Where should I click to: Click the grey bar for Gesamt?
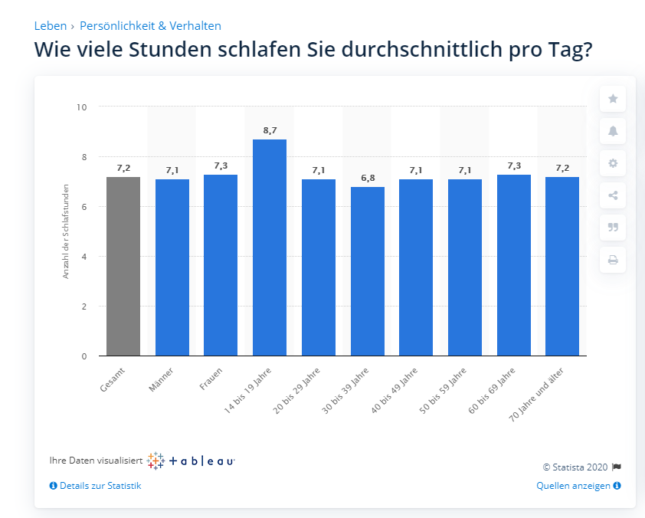point(123,266)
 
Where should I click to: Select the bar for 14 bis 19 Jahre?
point(270,248)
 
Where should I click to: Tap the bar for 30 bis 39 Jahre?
point(368,271)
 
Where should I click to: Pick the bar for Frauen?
point(221,265)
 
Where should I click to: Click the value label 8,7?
point(270,131)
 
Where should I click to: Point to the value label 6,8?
point(368,179)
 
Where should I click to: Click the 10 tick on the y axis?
point(81,107)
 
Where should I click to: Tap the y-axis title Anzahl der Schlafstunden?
point(66,231)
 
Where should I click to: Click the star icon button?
point(613,99)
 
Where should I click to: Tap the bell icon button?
point(613,131)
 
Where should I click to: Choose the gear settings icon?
point(613,163)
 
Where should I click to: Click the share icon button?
point(613,195)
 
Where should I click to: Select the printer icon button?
point(613,260)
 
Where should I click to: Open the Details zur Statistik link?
point(96,486)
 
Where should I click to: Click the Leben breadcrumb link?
point(51,26)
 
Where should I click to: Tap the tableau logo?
point(191,461)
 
